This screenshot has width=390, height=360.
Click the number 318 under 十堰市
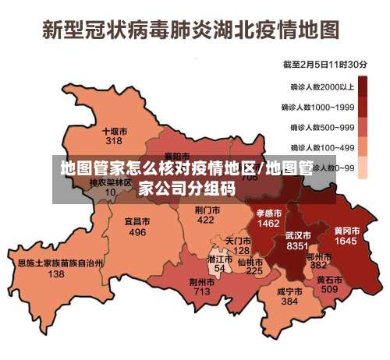pyautogui.click(x=114, y=141)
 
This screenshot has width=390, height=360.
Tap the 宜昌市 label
pyautogui.click(x=137, y=222)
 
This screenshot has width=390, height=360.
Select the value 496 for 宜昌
pyautogui.click(x=137, y=232)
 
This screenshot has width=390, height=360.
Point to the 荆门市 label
pyautogui.click(x=207, y=210)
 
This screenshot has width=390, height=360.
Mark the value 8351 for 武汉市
pyautogui.click(x=297, y=245)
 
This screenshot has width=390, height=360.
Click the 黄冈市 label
pyautogui.click(x=346, y=231)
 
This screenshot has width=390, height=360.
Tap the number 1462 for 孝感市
pyautogui.click(x=268, y=223)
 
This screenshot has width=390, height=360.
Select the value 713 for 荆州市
pyautogui.click(x=202, y=291)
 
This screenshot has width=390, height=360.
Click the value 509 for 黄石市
pyautogui.click(x=329, y=289)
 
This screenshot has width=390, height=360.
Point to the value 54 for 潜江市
pyautogui.click(x=219, y=268)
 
